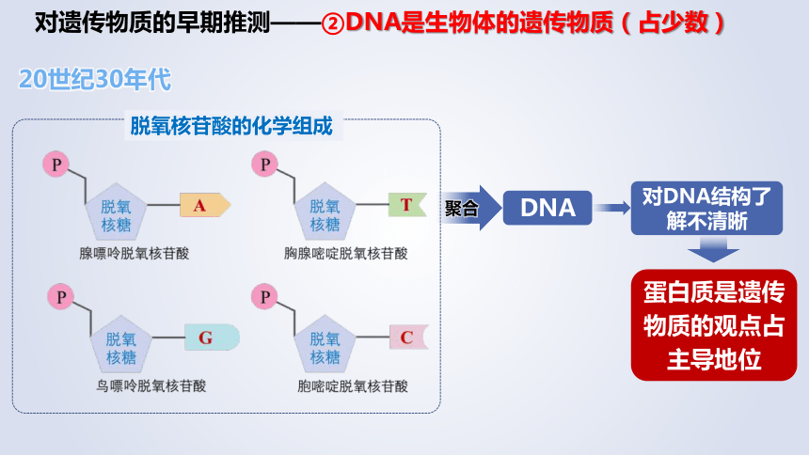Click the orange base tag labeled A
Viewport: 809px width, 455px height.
pyautogui.click(x=205, y=205)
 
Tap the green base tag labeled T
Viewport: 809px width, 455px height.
pyautogui.click(x=407, y=205)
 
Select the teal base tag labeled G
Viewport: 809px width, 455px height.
pyautogui.click(x=212, y=337)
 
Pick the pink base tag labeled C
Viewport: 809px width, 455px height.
pyautogui.click(x=408, y=337)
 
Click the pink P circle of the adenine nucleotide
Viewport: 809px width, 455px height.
pyautogui.click(x=56, y=165)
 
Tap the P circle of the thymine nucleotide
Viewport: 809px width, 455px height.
pyautogui.click(x=264, y=165)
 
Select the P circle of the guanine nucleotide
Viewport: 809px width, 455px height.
pyautogui.click(x=60, y=297)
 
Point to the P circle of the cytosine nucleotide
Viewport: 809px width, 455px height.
pyautogui.click(x=264, y=297)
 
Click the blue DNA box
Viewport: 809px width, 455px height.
pyautogui.click(x=547, y=208)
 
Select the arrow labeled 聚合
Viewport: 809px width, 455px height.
pyautogui.click(x=470, y=208)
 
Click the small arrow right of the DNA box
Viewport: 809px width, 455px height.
pyautogui.click(x=611, y=208)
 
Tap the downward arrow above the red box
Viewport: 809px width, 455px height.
pyautogui.click(x=713, y=249)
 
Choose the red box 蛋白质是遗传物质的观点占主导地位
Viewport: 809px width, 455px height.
pyautogui.click(x=714, y=325)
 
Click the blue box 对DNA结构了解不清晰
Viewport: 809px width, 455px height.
pyautogui.click(x=706, y=209)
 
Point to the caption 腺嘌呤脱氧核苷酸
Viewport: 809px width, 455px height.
pyautogui.click(x=135, y=253)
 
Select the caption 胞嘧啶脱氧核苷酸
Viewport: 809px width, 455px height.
pyautogui.click(x=353, y=385)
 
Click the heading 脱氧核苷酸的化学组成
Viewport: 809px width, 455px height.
pyautogui.click(x=231, y=126)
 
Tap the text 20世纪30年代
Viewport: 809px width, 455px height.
pyautogui.click(x=94, y=80)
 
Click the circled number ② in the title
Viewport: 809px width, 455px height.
pyautogui.click(x=333, y=24)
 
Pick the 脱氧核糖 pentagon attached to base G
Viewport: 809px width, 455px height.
pyautogui.click(x=121, y=345)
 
